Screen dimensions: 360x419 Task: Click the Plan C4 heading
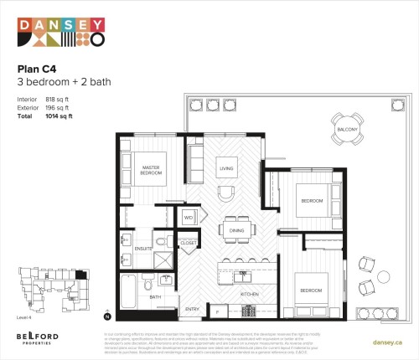[37, 69]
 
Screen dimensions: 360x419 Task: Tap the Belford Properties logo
[37, 337]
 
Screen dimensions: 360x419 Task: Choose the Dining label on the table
[236, 230]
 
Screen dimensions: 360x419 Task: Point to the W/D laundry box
[189, 218]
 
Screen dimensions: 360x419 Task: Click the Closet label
[188, 243]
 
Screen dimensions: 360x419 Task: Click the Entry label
[191, 309]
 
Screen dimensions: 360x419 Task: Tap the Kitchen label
[250, 296]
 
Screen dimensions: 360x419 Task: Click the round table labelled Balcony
[347, 131]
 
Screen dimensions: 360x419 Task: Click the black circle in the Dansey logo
[96, 39]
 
